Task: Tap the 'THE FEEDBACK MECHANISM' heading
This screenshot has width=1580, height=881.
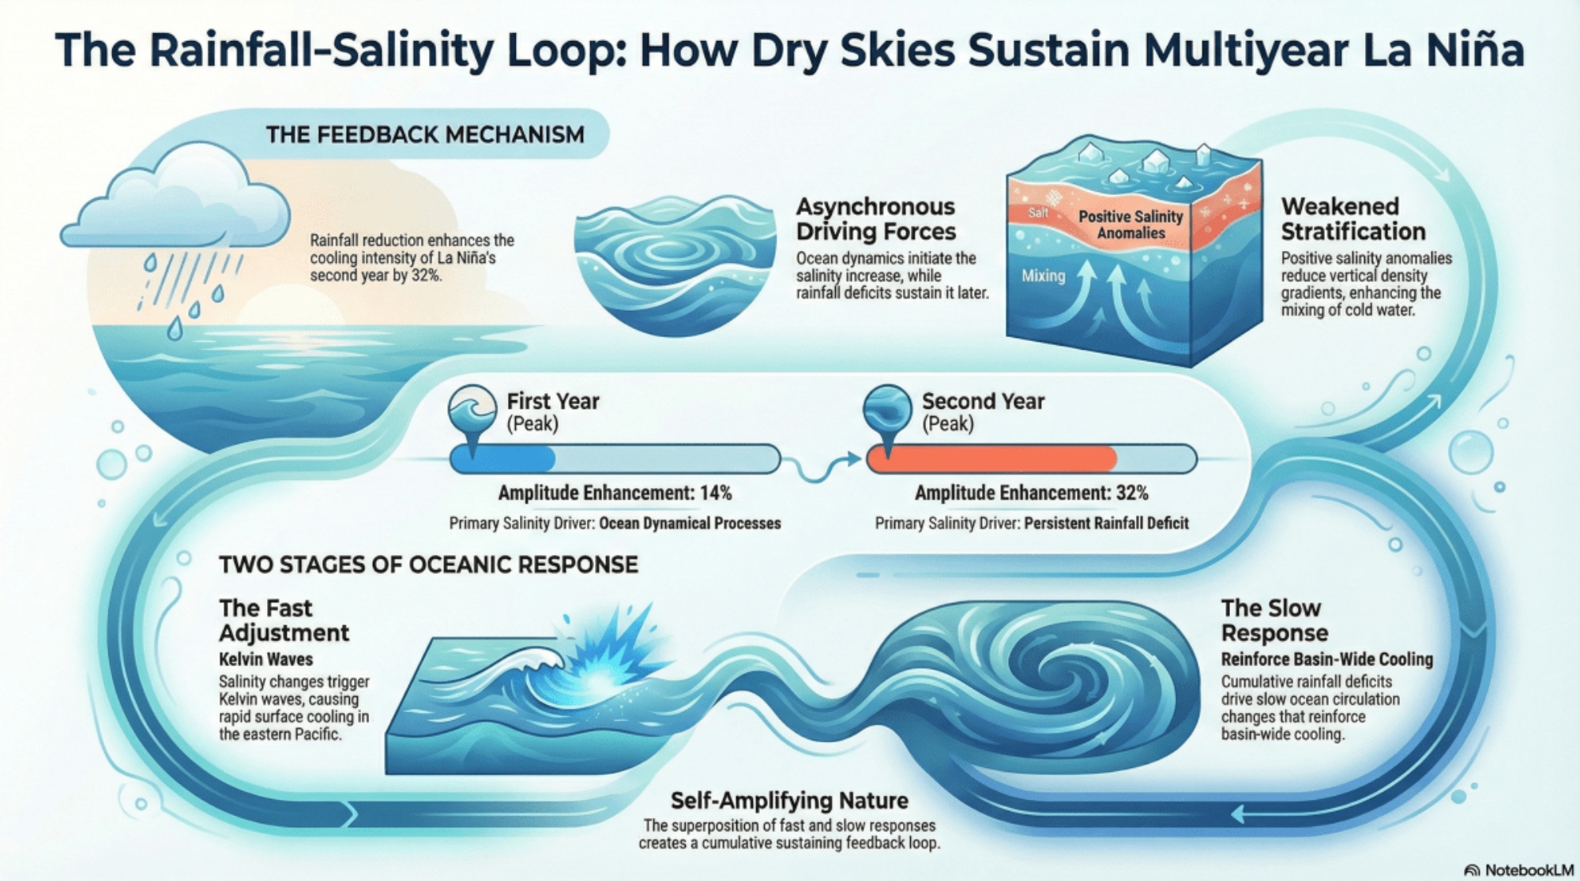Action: point(425,135)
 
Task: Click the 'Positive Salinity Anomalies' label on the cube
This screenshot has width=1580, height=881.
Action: point(1130,224)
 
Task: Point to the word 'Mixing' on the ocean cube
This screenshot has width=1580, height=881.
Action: point(1043,276)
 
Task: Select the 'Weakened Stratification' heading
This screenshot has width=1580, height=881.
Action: point(1352,219)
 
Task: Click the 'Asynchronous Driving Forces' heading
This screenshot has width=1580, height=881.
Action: point(875,219)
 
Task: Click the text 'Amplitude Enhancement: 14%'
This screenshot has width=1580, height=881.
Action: point(615,493)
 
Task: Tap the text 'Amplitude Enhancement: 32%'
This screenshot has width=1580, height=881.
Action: point(1031,493)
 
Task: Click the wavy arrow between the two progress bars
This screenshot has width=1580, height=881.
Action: point(826,466)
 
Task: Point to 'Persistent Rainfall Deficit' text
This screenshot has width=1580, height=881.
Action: point(1106,523)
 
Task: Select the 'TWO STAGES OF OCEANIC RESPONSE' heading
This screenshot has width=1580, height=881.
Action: point(428,564)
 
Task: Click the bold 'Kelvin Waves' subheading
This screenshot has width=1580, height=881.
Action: point(265,659)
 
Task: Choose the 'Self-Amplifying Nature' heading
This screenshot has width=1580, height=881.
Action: point(788,800)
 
